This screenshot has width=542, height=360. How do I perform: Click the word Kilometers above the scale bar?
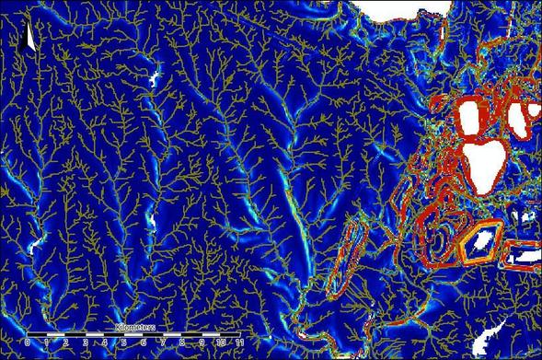point(133,327)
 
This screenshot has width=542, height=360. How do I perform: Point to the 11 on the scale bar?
point(240,342)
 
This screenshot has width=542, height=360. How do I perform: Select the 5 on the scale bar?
point(124,342)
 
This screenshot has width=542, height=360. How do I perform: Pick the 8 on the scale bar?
point(182,342)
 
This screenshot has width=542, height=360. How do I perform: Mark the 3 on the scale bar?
point(86,342)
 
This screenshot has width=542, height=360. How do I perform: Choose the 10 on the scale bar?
point(221,342)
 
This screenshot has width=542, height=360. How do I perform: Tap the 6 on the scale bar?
point(144,342)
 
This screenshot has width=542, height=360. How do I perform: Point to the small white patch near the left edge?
point(36,246)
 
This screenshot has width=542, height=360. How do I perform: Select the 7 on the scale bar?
point(163,342)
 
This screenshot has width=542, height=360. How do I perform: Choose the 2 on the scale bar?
point(66,342)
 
